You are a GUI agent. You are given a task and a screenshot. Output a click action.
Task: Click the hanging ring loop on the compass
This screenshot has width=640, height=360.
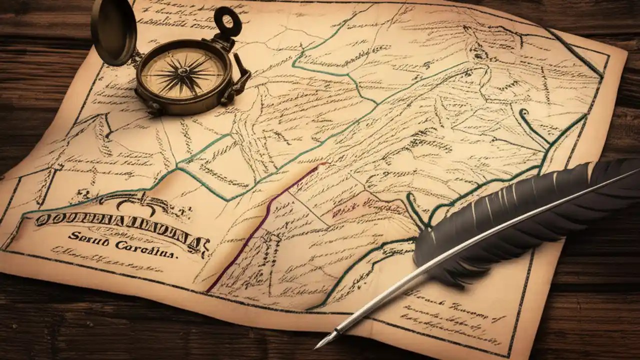[x=227, y=21]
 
